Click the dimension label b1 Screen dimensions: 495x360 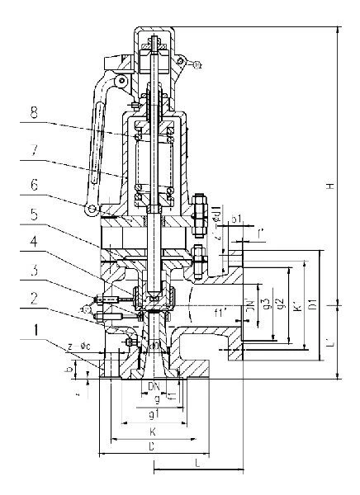235,220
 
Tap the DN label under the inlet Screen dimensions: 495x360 153,386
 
